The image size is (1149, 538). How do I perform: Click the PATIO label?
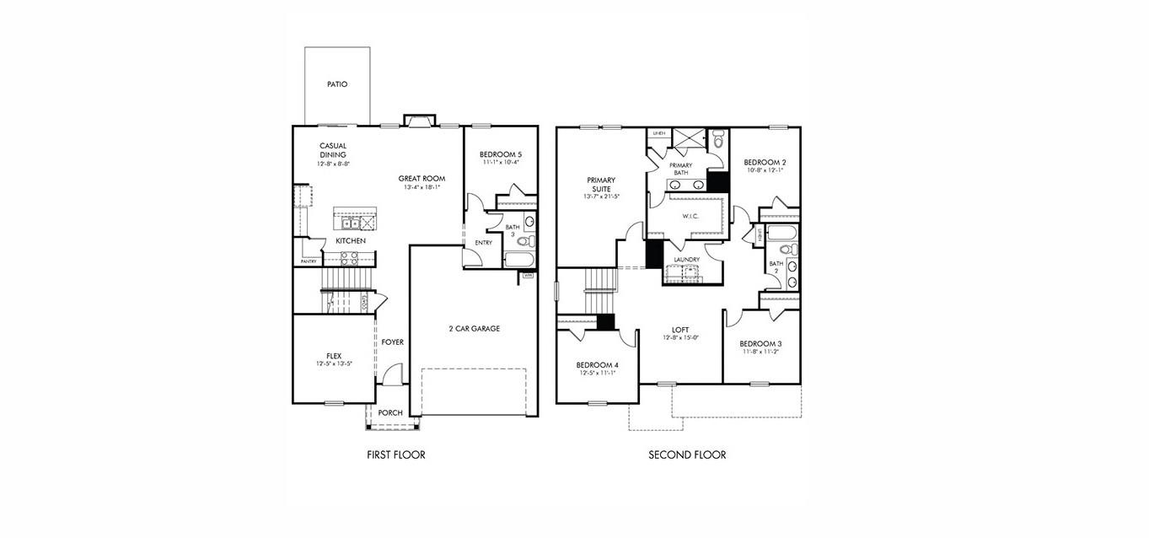[x=337, y=84]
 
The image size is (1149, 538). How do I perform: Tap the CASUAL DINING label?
[x=333, y=150]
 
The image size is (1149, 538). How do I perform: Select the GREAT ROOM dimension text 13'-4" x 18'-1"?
[x=421, y=188]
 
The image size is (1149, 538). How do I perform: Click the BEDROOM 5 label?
[x=501, y=154]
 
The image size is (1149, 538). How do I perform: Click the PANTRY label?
[x=309, y=261]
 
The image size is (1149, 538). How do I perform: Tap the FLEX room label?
[x=333, y=355]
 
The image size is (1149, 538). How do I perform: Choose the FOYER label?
[x=392, y=342]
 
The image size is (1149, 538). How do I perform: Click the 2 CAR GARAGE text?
[x=474, y=328]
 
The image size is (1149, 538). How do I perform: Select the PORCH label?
[x=389, y=412]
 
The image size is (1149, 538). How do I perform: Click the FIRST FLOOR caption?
[x=395, y=455]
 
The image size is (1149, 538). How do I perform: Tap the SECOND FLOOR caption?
[x=686, y=455]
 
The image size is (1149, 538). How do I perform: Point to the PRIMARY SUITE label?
[x=601, y=184]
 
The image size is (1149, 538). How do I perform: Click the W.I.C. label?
[x=691, y=216]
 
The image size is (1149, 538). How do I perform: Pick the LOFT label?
[x=680, y=330]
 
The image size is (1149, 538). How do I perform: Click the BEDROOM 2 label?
[x=765, y=162]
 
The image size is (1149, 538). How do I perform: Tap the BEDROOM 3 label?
[x=760, y=343]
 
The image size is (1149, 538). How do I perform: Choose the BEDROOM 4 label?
[x=598, y=365]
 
